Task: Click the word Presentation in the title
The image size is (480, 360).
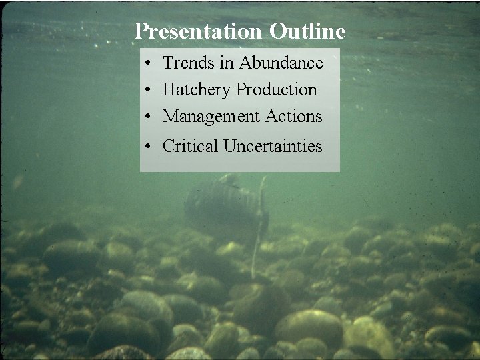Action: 198,31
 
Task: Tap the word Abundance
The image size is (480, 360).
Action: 281,63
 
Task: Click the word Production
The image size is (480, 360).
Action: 276,89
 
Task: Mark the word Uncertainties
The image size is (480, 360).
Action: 273,146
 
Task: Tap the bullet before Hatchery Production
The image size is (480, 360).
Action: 147,90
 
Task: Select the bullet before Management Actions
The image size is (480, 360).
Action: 147,117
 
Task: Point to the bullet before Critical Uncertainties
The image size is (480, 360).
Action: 147,147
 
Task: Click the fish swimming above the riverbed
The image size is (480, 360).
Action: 223,207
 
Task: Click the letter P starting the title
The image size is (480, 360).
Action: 141,31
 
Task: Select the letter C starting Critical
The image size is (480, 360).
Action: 168,146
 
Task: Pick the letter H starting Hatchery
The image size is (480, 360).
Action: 169,89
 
